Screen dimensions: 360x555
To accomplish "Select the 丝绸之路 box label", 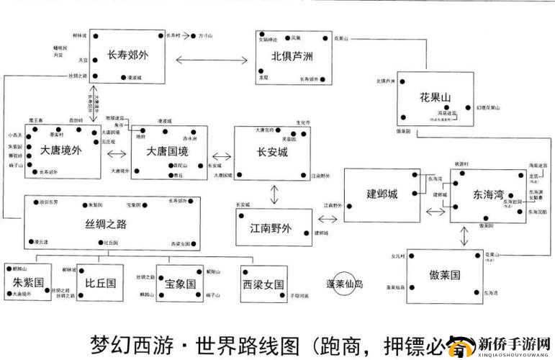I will tap(107, 224).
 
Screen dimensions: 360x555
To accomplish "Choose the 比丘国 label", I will tap(101, 283).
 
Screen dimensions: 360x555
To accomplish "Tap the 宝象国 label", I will tap(181, 283).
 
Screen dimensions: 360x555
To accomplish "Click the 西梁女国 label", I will tap(263, 283).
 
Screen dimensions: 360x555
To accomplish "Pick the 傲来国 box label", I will tap(444, 276).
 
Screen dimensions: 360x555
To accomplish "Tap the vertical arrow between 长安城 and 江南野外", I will tap(274, 194).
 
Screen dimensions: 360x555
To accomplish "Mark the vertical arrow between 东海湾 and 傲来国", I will tap(461, 239).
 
